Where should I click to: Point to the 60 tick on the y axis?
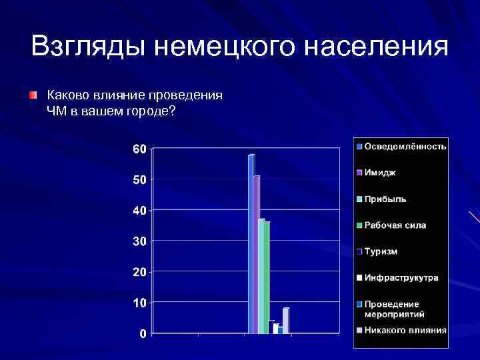pyautogui.click(x=139, y=149)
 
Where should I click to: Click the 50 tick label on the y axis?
pyautogui.click(x=139, y=180)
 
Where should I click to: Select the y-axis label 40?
pyautogui.click(x=139, y=211)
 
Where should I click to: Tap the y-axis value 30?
pyautogui.click(x=139, y=241)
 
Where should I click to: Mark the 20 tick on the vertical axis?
pyautogui.click(x=139, y=272)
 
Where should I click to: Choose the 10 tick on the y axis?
pyautogui.click(x=139, y=303)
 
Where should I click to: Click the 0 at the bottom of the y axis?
pyautogui.click(x=143, y=333)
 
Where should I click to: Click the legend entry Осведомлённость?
pyautogui.click(x=405, y=146)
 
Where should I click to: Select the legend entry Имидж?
pyautogui.click(x=379, y=173)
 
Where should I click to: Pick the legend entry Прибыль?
pyautogui.click(x=385, y=199)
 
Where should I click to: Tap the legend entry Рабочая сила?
pyautogui.click(x=395, y=225)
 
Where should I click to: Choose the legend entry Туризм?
pyautogui.click(x=380, y=251)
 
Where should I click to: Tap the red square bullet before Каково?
pyautogui.click(x=33, y=96)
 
